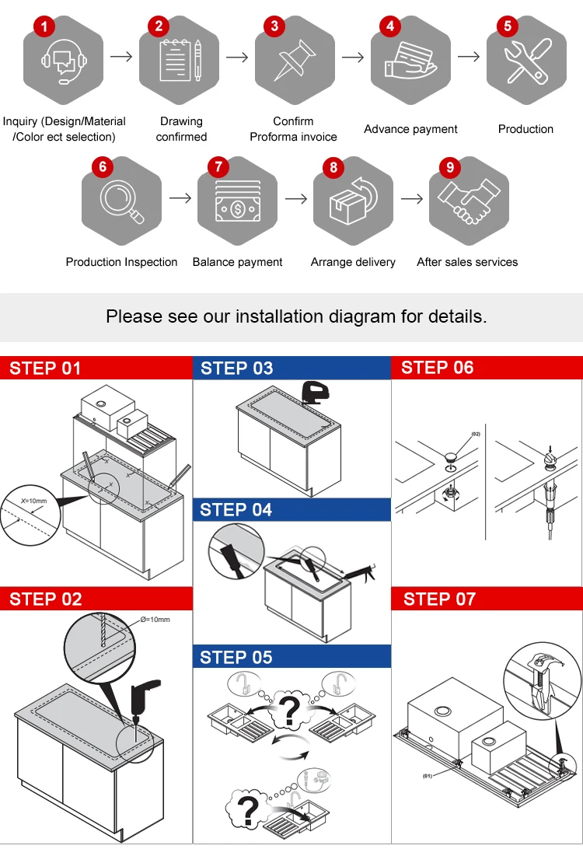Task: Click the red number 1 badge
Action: point(44,26)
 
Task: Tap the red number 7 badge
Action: point(218,167)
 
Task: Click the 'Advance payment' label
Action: point(410,129)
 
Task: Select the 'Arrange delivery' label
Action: point(353,262)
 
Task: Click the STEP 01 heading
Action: point(45,368)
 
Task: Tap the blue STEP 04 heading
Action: point(236,510)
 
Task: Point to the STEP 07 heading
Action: point(439,599)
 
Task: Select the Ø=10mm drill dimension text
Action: point(155,619)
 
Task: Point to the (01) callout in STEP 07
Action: point(428,775)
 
